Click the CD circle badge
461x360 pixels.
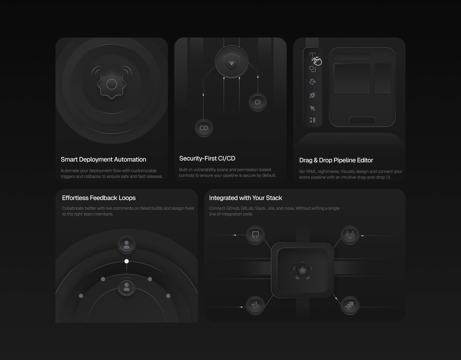tap(204, 128)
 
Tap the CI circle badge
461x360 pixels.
tap(257, 102)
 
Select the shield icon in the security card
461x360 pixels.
tap(231, 62)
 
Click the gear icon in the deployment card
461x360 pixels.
tap(111, 84)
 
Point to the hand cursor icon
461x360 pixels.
tap(317, 61)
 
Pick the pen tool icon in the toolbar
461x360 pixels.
tap(312, 95)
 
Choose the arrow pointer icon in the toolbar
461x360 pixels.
tap(312, 108)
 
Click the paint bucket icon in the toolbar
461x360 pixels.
tap(312, 82)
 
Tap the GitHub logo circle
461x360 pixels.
tap(255, 235)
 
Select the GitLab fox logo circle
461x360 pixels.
tap(350, 235)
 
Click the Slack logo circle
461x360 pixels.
tap(255, 306)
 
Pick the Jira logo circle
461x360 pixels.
tap(350, 306)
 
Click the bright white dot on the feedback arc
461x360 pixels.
tap(126, 261)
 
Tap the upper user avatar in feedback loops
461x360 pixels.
tap(126, 244)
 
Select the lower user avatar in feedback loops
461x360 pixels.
tap(126, 287)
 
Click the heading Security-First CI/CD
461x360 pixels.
tap(207, 158)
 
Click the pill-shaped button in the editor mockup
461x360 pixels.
tap(362, 120)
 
